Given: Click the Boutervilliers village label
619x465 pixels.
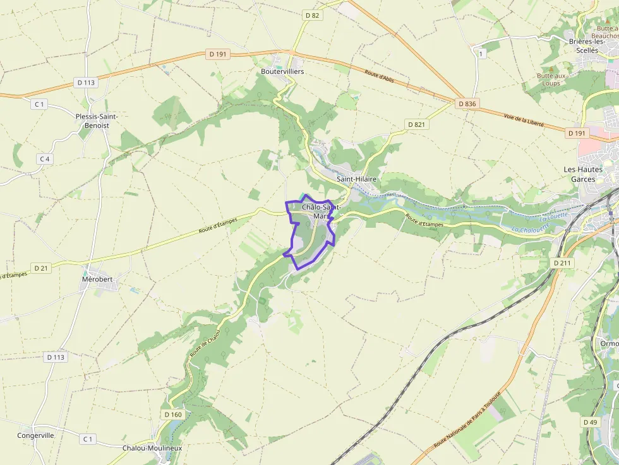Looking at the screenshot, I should tap(282, 71).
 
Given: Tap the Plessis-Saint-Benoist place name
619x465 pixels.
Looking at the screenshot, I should tap(97, 121).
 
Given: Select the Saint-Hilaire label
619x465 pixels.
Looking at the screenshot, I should tap(356, 179).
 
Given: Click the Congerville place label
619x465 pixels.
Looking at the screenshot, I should tap(35, 435).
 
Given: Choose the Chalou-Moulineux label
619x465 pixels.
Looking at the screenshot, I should tap(152, 448).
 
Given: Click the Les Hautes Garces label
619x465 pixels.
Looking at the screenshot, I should tap(582, 174).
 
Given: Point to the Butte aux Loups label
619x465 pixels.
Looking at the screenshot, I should tap(551, 79).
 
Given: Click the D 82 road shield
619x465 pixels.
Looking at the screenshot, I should tap(311, 15).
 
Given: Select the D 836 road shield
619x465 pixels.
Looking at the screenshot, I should tap(467, 103).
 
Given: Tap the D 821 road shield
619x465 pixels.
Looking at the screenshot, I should tap(416, 124).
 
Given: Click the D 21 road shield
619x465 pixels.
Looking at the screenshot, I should tap(41, 268).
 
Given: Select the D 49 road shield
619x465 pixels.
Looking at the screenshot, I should tap(590, 421).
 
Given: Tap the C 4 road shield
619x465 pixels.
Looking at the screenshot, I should tap(44, 159).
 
